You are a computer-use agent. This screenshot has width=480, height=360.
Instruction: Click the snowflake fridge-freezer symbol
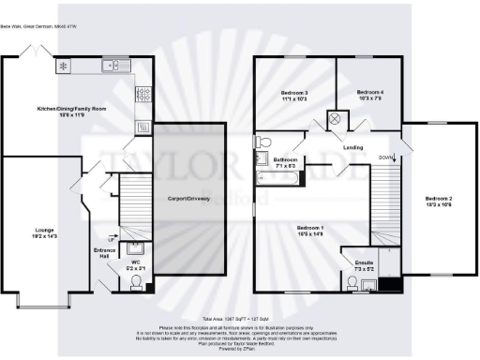pyautogui.click(x=64, y=66)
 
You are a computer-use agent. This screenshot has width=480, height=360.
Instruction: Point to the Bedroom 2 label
pyautogui.click(x=438, y=202)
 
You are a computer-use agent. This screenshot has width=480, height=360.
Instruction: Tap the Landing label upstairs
pyautogui.click(x=353, y=148)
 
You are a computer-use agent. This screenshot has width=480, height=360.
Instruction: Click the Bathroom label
pyautogui.click(x=285, y=162)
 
